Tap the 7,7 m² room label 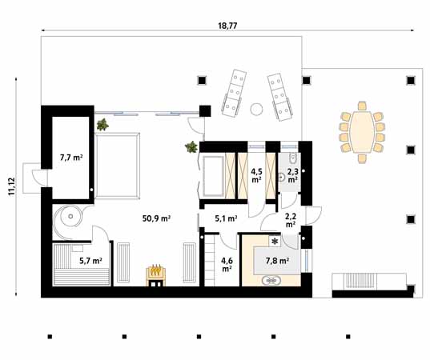[x=71, y=158]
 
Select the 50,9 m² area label [x=155, y=218]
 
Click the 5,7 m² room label [x=90, y=260]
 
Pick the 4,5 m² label [x=258, y=175]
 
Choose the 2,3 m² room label [x=292, y=175]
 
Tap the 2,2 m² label [x=291, y=221]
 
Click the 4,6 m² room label [x=227, y=263]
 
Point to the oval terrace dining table [x=362, y=132]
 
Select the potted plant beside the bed [x=102, y=125]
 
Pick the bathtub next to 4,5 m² [x=214, y=177]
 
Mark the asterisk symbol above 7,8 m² [x=275, y=241]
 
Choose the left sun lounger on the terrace [x=233, y=93]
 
